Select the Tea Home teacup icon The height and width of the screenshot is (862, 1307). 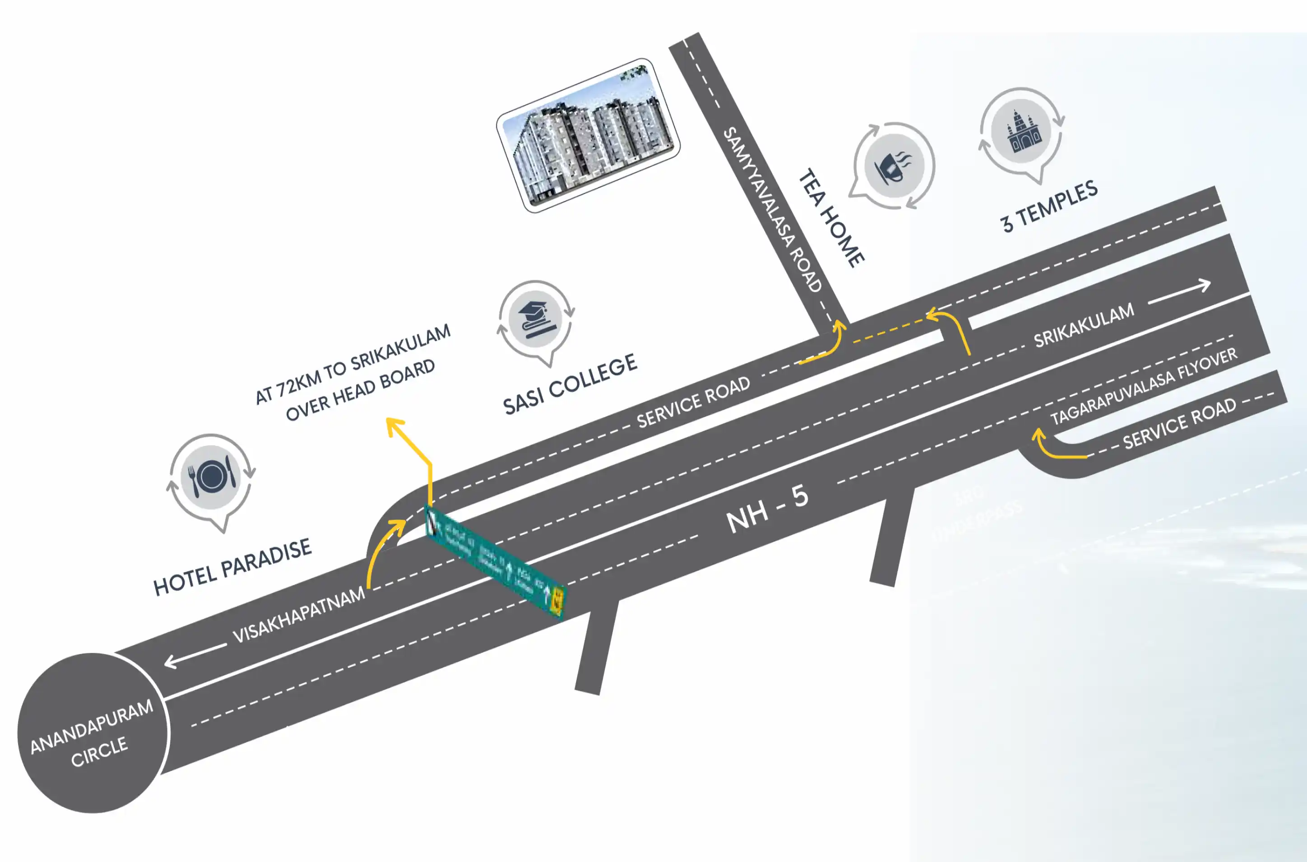click(x=894, y=164)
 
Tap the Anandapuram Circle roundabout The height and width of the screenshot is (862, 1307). click(x=93, y=732)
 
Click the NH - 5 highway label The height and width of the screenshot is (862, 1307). click(x=767, y=510)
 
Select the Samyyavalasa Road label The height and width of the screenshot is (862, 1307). click(x=772, y=209)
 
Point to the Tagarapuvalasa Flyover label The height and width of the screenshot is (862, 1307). click(x=1144, y=386)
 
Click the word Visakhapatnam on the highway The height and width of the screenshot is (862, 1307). click(x=298, y=614)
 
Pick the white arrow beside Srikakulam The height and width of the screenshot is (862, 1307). click(x=1179, y=293)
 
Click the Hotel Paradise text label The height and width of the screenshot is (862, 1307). click(x=232, y=567)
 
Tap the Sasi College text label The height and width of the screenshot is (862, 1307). click(x=570, y=384)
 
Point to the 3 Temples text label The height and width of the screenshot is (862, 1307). click(x=1049, y=206)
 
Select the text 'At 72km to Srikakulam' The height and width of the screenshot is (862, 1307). click(x=353, y=363)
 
